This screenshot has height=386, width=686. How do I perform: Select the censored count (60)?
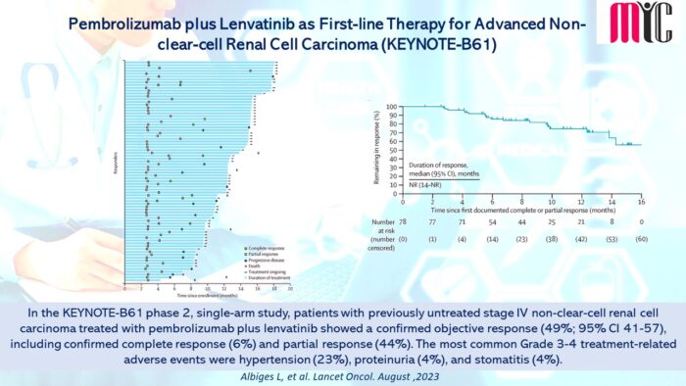[642, 238]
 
